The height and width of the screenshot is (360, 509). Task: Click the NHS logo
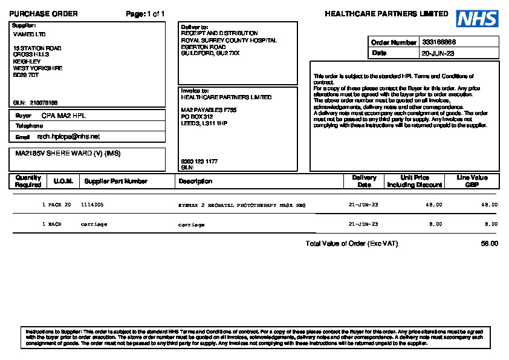click(x=477, y=19)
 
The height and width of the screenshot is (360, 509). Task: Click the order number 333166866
click(x=439, y=42)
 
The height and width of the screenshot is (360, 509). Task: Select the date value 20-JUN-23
click(x=438, y=53)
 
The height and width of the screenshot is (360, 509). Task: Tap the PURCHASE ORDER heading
click(x=44, y=14)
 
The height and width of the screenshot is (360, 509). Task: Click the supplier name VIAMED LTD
click(x=30, y=34)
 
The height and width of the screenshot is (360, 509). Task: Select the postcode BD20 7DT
click(x=26, y=75)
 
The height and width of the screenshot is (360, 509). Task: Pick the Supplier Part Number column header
click(x=115, y=181)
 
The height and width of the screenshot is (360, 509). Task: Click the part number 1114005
click(x=92, y=205)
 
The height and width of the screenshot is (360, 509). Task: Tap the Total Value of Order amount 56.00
click(x=489, y=243)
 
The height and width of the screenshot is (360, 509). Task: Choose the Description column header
click(x=195, y=181)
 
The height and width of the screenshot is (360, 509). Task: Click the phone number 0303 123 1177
click(x=199, y=162)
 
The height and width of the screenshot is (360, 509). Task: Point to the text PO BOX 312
click(x=197, y=116)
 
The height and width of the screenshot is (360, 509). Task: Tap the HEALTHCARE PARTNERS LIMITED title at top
click(x=386, y=14)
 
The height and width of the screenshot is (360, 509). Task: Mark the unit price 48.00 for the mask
click(x=433, y=205)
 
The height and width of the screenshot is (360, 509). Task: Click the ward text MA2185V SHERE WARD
click(x=68, y=153)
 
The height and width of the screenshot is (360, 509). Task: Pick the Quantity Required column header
click(x=28, y=181)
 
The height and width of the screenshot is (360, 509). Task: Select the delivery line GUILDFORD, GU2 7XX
click(x=210, y=53)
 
